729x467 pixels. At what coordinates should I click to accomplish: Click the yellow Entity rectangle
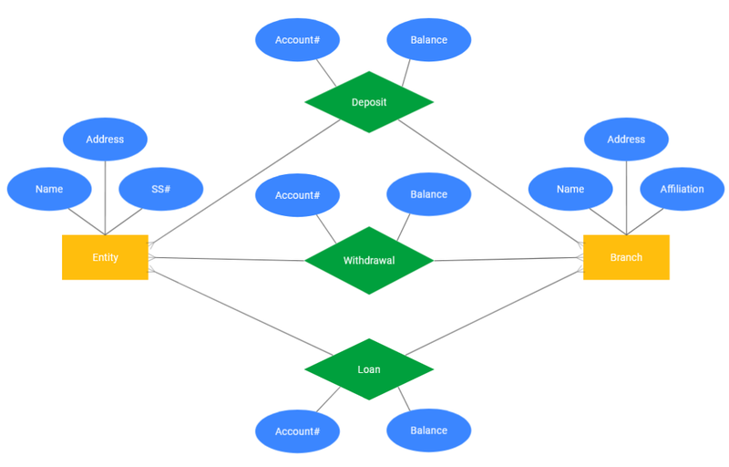[x=105, y=257]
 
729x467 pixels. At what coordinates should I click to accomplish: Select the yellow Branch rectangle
[x=626, y=257]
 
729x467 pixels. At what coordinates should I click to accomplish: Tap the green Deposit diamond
[x=369, y=102]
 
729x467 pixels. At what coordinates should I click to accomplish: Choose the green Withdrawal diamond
[x=369, y=260]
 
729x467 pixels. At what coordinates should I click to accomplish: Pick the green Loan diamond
[x=369, y=369]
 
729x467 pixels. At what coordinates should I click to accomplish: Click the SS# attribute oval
[x=161, y=189]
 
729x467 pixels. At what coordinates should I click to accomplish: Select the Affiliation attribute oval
[x=682, y=189]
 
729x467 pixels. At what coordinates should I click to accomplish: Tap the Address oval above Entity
[x=105, y=140]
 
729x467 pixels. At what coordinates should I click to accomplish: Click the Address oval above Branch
[x=626, y=140]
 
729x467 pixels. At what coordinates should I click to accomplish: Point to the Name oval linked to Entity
[x=49, y=189]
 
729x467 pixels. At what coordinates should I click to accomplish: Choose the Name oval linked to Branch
[x=570, y=189]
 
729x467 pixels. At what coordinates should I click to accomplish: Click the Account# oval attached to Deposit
[x=297, y=40]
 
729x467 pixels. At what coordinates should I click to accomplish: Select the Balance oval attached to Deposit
[x=428, y=40]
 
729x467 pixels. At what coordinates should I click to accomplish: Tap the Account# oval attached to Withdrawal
[x=297, y=195]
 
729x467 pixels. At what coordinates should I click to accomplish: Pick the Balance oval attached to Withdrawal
[x=428, y=195]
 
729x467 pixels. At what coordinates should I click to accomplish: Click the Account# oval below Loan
[x=297, y=431]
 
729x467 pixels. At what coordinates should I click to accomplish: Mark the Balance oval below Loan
[x=428, y=431]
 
